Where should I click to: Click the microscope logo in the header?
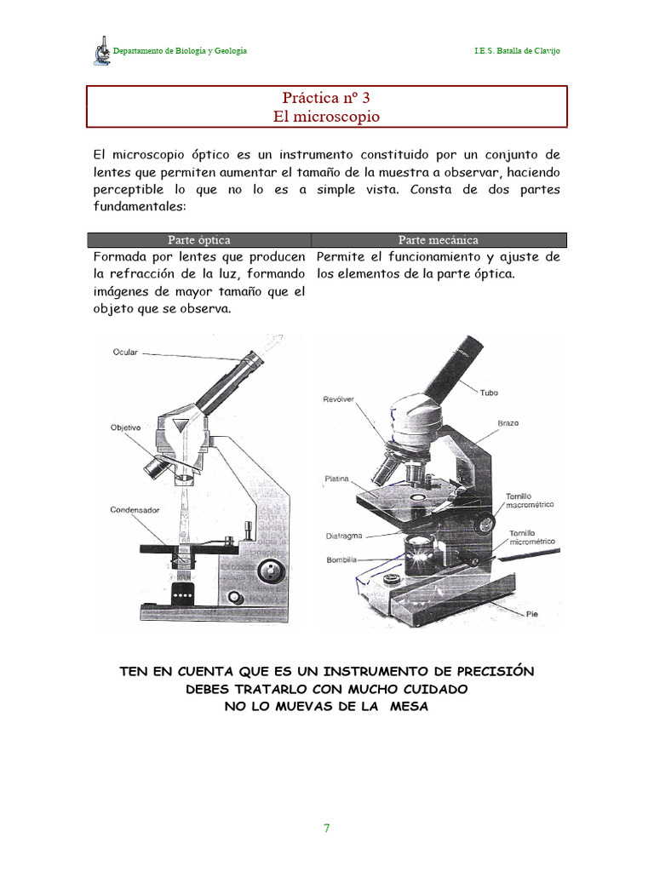click(102, 51)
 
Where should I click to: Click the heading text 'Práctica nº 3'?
click(328, 98)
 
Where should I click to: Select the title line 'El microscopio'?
click(327, 117)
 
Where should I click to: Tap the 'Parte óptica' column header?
click(199, 240)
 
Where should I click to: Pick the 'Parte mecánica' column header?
click(439, 240)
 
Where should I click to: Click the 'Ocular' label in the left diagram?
click(124, 351)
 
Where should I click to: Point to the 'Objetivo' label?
click(125, 427)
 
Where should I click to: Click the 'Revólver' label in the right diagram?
click(338, 399)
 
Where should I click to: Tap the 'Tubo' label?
click(489, 393)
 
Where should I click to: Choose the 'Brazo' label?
click(508, 423)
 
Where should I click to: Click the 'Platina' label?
click(337, 479)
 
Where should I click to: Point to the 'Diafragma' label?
click(344, 536)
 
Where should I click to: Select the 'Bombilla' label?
click(341, 559)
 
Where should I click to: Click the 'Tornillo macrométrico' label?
click(530, 500)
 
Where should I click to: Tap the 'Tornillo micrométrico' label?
click(532, 537)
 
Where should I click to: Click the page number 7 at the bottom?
click(326, 829)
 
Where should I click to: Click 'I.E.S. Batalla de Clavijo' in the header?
click(517, 51)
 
